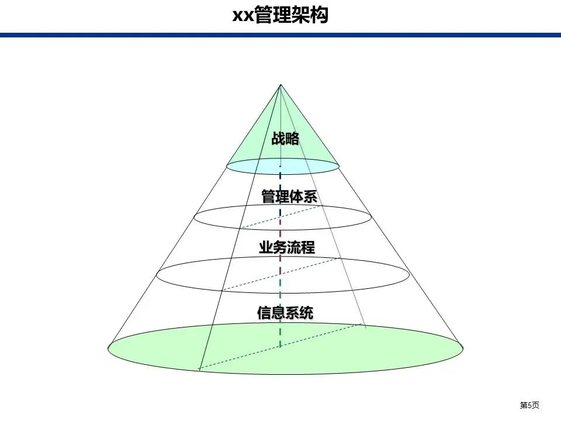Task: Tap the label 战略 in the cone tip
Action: pos(285,139)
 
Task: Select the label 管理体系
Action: pos(289,196)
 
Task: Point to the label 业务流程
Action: pos(287,248)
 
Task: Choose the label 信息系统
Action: pos(285,313)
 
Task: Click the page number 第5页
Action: pos(529,405)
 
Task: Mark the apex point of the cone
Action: pos(280,85)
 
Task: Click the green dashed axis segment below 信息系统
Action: pos(280,336)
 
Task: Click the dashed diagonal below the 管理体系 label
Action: pos(275,219)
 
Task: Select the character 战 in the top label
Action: pos(278,139)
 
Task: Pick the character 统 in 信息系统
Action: pos(306,313)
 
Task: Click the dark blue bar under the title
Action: pos(280,35)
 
